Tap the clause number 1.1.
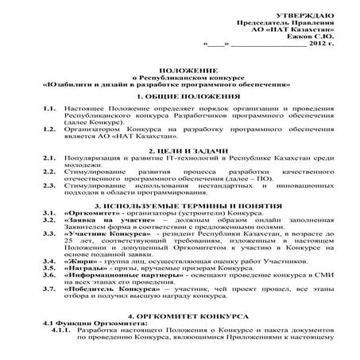point(48,106)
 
